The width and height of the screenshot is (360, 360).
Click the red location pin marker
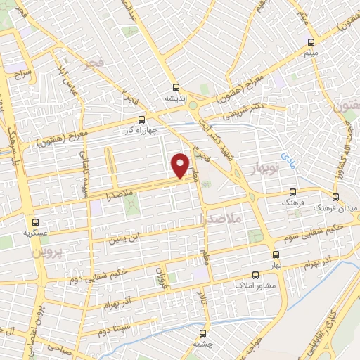pos(181,165)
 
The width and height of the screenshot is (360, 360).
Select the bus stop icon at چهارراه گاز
pos(143,120)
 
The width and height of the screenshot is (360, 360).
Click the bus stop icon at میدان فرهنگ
pos(336,197)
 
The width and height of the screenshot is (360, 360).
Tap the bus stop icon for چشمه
pos(203,333)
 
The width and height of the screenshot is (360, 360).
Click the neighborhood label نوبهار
pos(266,169)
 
